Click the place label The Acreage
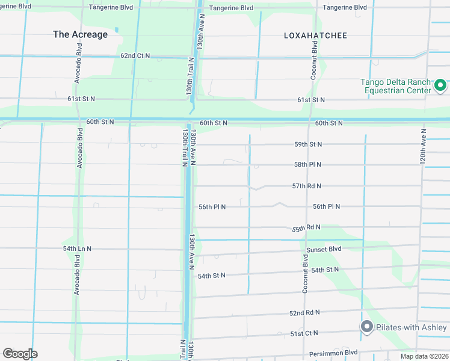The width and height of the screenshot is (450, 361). [x=80, y=34]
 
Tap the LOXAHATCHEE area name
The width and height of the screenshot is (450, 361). [x=315, y=35]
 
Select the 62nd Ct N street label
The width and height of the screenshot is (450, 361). [x=135, y=55]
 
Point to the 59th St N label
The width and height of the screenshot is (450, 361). [x=308, y=144]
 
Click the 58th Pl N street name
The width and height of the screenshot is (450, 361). [x=307, y=164]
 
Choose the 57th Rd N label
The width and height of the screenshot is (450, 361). [x=307, y=187]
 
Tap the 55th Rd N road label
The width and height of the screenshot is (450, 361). [x=306, y=228]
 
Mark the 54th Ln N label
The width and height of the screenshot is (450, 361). [x=77, y=248]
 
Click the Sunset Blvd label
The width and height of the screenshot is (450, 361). [x=324, y=249]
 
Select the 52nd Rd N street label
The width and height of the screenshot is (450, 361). [x=304, y=313]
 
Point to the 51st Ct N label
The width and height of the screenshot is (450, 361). [x=304, y=333]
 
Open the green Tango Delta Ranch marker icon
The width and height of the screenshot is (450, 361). [x=440, y=86]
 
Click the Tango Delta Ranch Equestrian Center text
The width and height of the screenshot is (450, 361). [x=395, y=86]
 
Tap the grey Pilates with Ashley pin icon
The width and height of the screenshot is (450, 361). [x=366, y=327]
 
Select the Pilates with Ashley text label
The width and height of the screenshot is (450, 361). [x=411, y=327]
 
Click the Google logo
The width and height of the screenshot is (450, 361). [x=20, y=354]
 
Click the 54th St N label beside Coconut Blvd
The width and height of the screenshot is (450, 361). [x=325, y=270]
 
